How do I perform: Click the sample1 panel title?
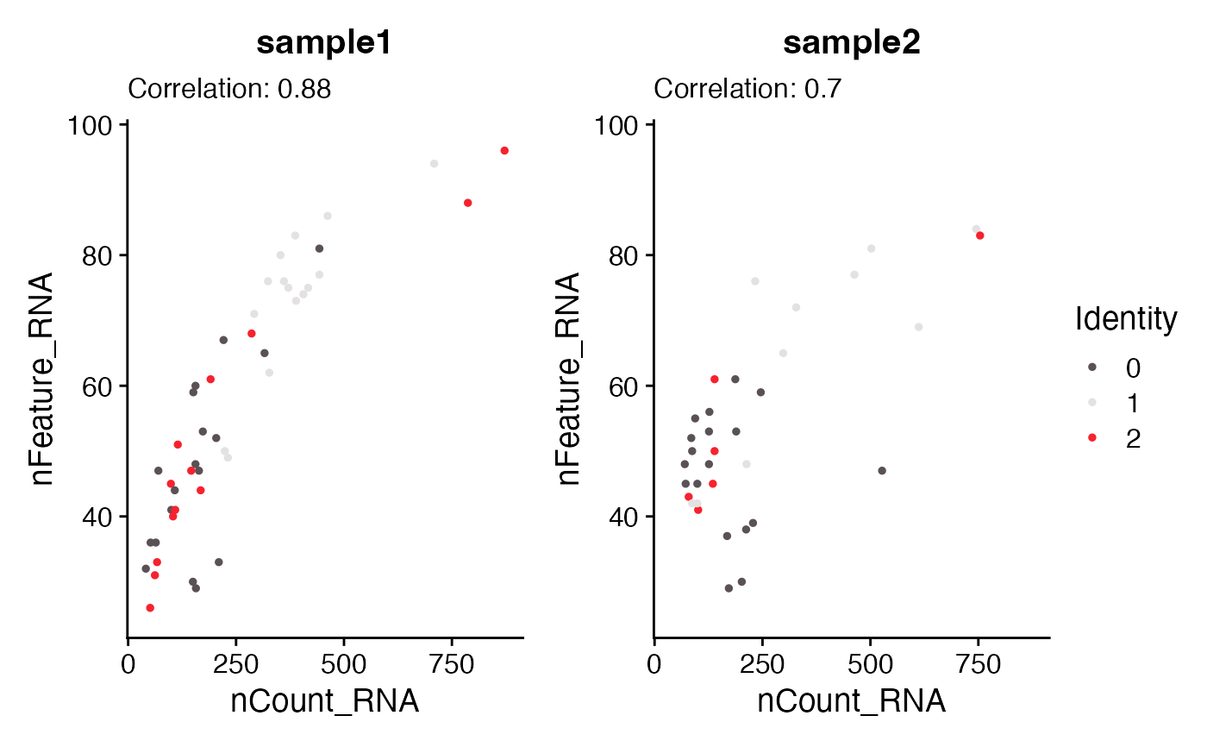coord(324,44)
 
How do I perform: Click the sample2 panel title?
coord(851,44)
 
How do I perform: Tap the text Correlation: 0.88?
coord(229,89)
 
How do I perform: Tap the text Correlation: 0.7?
coord(747,89)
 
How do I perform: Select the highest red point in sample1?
coord(504,150)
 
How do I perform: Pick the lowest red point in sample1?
coord(150,608)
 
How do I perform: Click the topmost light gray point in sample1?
coord(434,164)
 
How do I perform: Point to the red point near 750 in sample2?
coord(980,235)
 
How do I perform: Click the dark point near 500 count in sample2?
coord(882,470)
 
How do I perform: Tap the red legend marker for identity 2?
coord(1091,438)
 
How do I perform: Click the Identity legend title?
coord(1125,320)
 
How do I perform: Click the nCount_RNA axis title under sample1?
coord(324,701)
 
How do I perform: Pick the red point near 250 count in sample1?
coord(252,333)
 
